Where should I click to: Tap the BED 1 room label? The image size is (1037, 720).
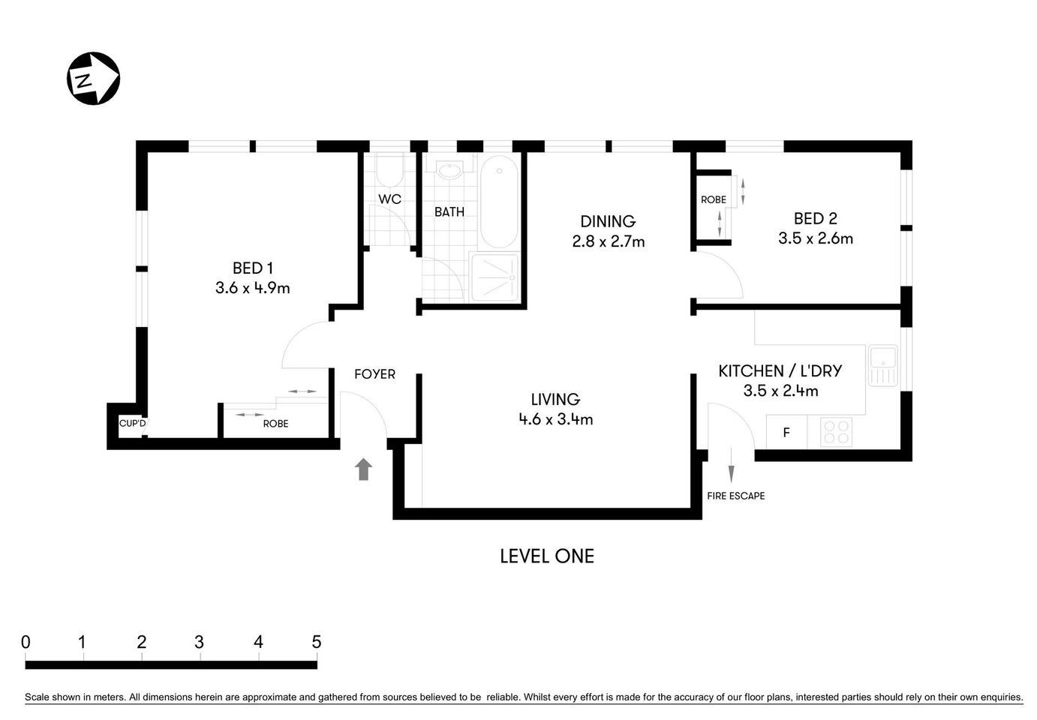click(252, 268)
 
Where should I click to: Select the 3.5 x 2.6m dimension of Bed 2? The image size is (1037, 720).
click(815, 238)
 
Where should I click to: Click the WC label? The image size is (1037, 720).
click(389, 199)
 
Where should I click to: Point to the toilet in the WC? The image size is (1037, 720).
click(389, 171)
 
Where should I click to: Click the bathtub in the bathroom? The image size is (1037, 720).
click(498, 201)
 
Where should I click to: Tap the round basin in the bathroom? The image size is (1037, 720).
click(450, 171)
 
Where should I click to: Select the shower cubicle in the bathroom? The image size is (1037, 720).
click(494, 277)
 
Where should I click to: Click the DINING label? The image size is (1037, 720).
click(608, 221)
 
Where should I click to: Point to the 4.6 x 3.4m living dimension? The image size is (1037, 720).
click(555, 419)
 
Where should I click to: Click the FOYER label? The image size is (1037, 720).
click(374, 374)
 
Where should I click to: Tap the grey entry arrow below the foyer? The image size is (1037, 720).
click(364, 469)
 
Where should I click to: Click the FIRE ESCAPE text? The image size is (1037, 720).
click(735, 496)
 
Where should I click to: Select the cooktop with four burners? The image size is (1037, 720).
click(836, 432)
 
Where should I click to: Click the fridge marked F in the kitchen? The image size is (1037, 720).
click(786, 433)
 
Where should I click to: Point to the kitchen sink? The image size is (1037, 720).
click(882, 365)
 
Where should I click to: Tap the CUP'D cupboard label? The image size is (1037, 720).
click(133, 424)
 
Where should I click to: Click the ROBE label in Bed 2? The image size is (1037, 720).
click(713, 199)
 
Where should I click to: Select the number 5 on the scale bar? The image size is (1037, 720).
click(316, 642)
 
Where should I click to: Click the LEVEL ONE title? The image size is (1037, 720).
click(547, 556)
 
